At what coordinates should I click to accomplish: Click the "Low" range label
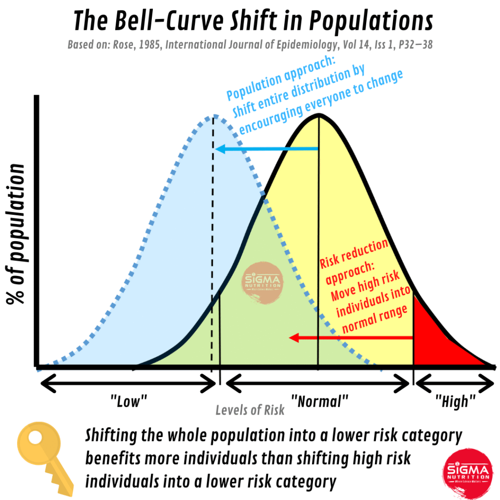click(128, 402)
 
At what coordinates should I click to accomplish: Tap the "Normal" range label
click(319, 402)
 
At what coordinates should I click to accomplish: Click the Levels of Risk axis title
click(250, 410)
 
